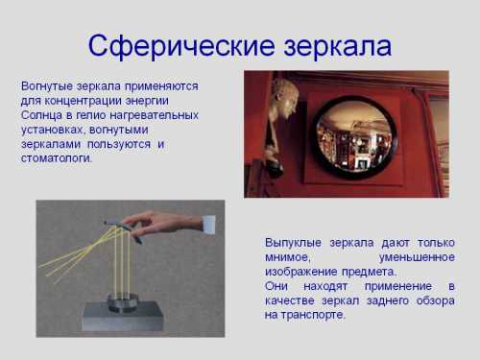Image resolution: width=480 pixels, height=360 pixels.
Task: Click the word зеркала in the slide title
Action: (x=331, y=44)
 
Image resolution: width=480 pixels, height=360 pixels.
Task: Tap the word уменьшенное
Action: (x=416, y=257)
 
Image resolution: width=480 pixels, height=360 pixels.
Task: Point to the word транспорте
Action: (x=314, y=315)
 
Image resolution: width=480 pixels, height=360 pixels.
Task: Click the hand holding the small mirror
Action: (x=163, y=224)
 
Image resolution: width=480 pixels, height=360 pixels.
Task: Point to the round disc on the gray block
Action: (x=122, y=301)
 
